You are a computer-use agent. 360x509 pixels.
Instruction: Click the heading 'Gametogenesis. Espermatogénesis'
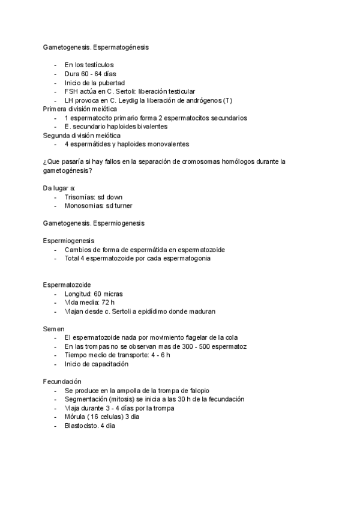pyautogui.click(x=96, y=46)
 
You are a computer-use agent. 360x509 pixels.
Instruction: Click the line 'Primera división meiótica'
pyautogui.click(x=80, y=109)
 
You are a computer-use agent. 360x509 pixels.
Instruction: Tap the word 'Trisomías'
pyautogui.click(x=80, y=197)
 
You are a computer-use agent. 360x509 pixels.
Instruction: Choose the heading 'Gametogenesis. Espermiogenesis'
pyautogui.click(x=94, y=223)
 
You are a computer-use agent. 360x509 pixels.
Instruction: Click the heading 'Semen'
pyautogui.click(x=54, y=329)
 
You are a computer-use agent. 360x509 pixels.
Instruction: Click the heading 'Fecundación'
pyautogui.click(x=62, y=382)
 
